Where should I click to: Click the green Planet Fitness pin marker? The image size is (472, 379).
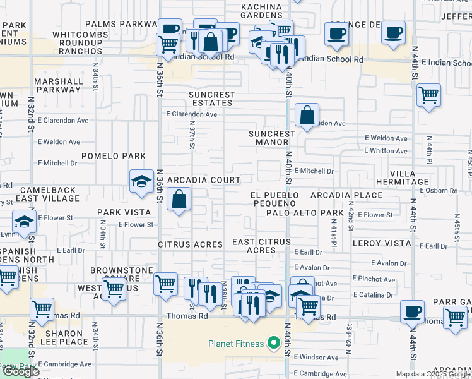[273, 344]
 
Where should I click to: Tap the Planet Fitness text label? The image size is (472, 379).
[238, 344]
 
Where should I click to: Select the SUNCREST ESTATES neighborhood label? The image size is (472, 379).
[212, 99]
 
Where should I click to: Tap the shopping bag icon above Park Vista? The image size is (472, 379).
[180, 199]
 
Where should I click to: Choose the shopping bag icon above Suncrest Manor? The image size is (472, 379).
[307, 115]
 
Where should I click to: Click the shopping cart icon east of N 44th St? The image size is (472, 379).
[429, 95]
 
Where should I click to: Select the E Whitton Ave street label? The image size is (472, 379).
[386, 151]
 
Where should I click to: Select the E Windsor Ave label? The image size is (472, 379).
[316, 358]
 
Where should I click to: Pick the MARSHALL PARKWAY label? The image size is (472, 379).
[59, 85]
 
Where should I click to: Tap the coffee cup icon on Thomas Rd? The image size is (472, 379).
[412, 311]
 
